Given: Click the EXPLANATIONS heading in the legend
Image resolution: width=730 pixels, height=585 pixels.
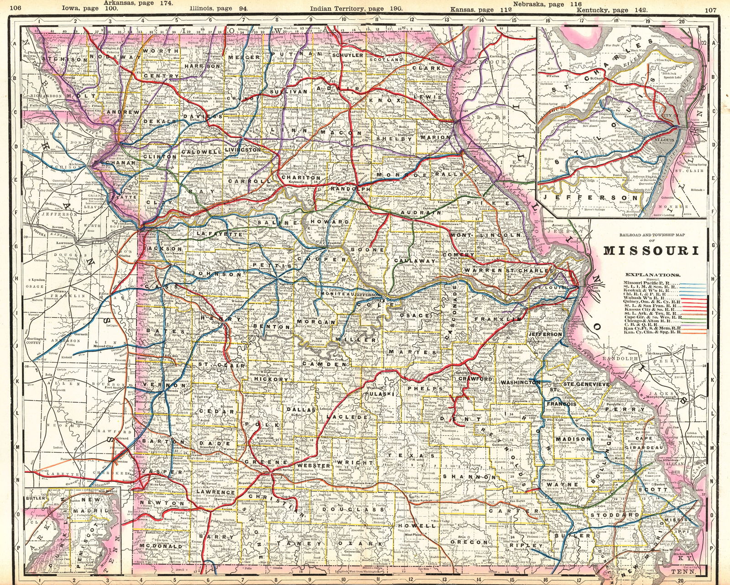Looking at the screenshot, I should point(653,275).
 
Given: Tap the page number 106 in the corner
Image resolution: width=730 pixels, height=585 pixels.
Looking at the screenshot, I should point(16,8).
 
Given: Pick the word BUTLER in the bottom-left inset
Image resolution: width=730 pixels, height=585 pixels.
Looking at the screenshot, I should point(36,498).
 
